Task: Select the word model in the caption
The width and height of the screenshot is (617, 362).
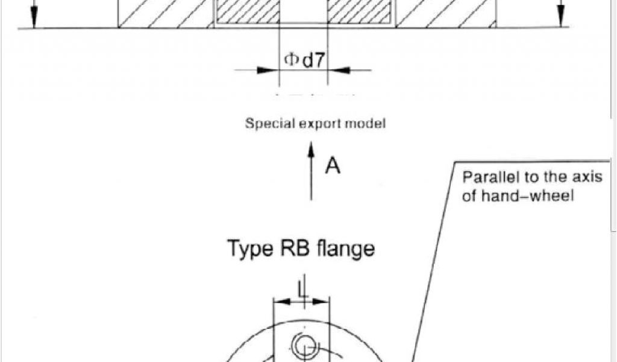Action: click(x=366, y=124)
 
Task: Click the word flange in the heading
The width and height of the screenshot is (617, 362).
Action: click(x=345, y=248)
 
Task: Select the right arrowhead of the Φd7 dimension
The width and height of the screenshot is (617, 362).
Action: click(x=341, y=70)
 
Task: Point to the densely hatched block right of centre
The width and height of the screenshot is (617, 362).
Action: click(x=359, y=12)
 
